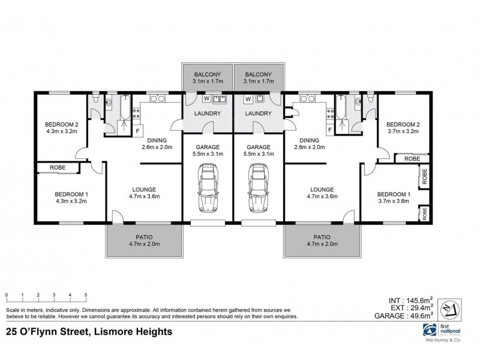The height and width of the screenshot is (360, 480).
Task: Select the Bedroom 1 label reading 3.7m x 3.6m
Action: [x=393, y=197]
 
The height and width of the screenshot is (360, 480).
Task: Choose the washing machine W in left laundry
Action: [x=206, y=98]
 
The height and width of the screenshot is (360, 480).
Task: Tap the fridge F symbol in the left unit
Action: [x=137, y=130]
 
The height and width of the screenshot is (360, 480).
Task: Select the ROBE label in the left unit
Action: [x=58, y=168]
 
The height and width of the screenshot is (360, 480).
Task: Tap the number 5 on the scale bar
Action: [x=86, y=295]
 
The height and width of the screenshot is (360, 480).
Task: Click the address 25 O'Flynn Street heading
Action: [x=89, y=331]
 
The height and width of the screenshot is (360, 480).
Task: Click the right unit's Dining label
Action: [x=309, y=143]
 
